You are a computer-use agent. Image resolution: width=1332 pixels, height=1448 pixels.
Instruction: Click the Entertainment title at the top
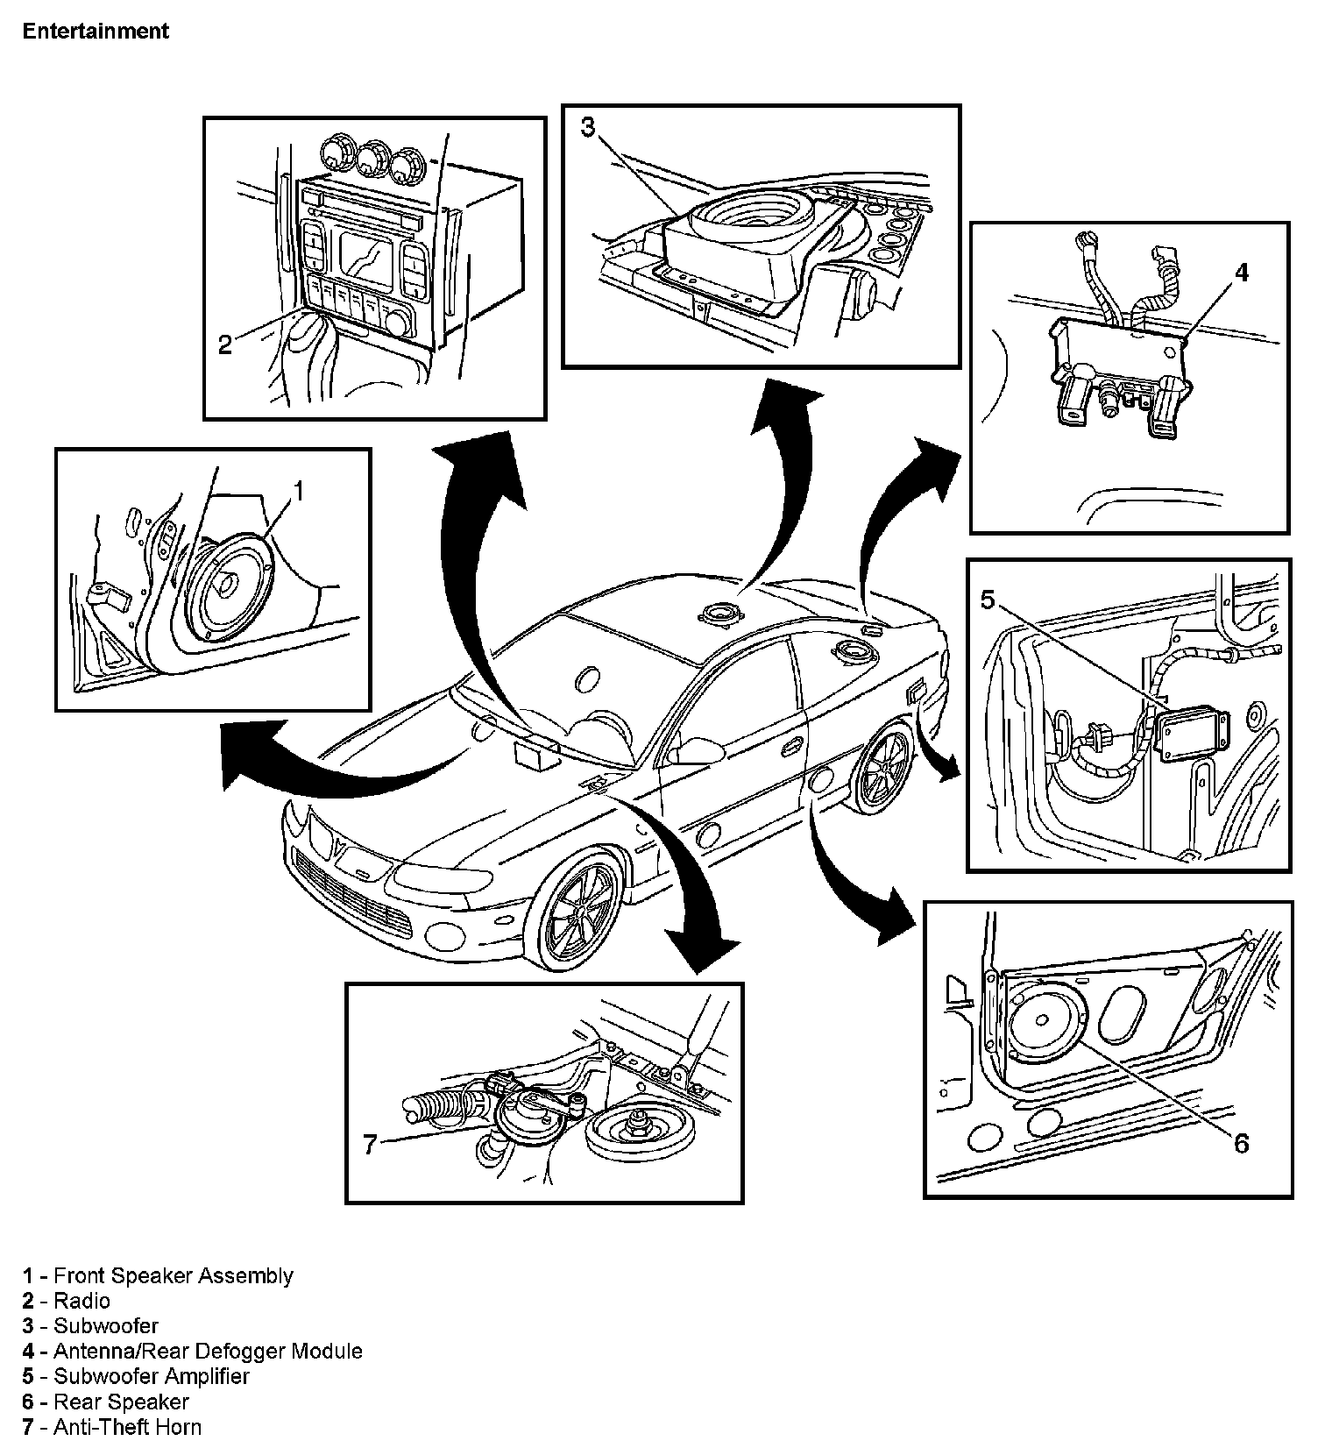[96, 32]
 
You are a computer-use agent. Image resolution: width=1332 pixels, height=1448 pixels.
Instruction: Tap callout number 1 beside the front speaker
[298, 492]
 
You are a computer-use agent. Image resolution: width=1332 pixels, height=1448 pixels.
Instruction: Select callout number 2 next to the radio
[225, 345]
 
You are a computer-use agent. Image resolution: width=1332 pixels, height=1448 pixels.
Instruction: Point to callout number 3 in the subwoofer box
[588, 128]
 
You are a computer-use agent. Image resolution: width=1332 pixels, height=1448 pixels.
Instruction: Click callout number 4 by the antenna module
[1241, 273]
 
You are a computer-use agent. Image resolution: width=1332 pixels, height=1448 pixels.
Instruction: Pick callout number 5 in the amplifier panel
[988, 600]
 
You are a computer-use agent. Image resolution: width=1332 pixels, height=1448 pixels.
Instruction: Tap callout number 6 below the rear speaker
[1240, 1143]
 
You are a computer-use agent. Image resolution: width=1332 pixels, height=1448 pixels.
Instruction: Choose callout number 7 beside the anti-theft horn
[370, 1144]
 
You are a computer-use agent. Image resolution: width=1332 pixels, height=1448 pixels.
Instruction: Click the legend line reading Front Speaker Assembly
[159, 1275]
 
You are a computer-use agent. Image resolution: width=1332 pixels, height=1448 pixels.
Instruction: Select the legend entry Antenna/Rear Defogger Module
[193, 1351]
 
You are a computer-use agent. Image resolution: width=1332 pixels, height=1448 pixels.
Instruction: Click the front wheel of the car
[575, 912]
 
